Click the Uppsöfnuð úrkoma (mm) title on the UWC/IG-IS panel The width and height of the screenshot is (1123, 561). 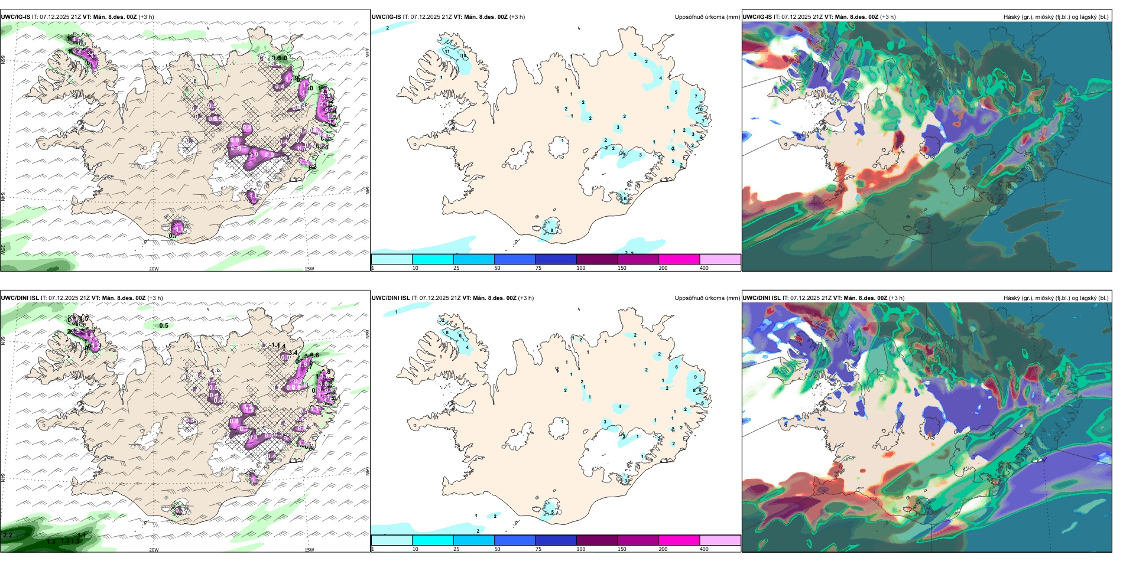coord(707,17)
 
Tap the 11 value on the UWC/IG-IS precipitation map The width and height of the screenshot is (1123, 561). coord(447,51)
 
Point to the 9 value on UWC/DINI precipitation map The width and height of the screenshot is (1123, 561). coord(695,377)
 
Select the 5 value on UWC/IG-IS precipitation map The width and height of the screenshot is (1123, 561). coord(676,93)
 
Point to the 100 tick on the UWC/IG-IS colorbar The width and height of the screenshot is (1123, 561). coord(581,268)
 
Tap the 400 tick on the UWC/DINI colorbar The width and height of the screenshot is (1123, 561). coord(704,549)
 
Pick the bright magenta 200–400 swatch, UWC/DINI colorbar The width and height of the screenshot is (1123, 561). coord(679,540)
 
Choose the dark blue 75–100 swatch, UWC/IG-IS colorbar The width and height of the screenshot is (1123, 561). coord(556,259)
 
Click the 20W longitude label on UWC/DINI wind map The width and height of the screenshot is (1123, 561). coord(154,550)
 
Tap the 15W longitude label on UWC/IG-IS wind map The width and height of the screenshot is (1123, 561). coord(309,269)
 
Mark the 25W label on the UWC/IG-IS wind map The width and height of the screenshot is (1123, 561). coord(3,250)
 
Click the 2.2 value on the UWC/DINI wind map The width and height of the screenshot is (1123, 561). coord(8,535)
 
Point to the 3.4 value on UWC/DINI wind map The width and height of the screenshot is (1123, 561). coord(293,353)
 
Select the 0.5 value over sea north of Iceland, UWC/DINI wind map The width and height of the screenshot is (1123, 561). coord(164,325)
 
